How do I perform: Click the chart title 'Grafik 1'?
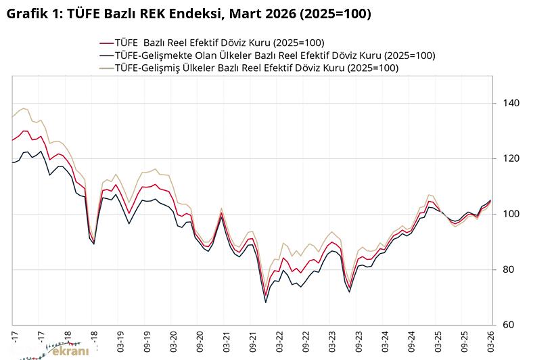pos(188,14)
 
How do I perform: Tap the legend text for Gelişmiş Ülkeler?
pos(256,68)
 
